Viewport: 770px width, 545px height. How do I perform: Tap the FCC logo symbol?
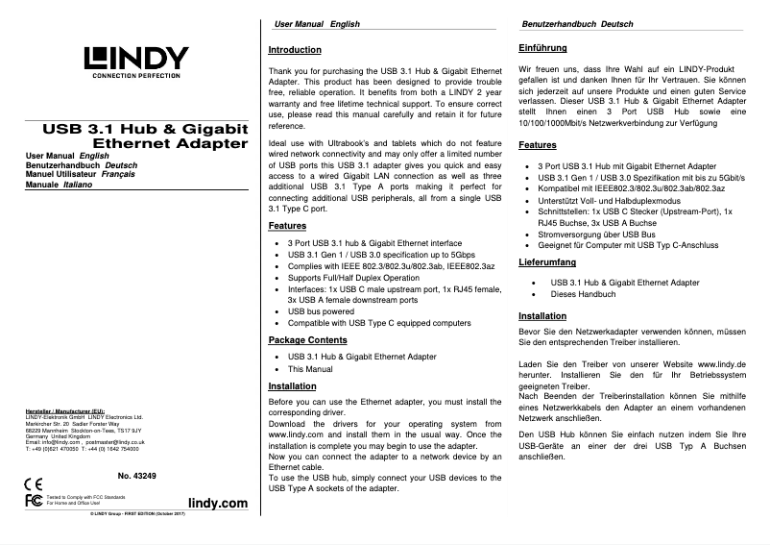(32, 500)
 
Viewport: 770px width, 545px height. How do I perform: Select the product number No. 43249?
(136, 477)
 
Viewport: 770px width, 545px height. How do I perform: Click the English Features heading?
(287, 226)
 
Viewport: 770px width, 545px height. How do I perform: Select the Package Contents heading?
(307, 340)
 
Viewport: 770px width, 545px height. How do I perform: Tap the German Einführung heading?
(541, 47)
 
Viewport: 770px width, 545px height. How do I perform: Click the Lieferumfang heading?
(547, 261)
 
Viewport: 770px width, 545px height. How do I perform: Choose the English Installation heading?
(292, 385)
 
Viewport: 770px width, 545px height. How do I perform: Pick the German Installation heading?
(541, 316)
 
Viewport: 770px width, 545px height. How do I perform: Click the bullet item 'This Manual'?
(310, 369)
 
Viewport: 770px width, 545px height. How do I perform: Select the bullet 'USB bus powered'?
(321, 311)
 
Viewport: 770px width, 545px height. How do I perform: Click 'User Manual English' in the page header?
(316, 22)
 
